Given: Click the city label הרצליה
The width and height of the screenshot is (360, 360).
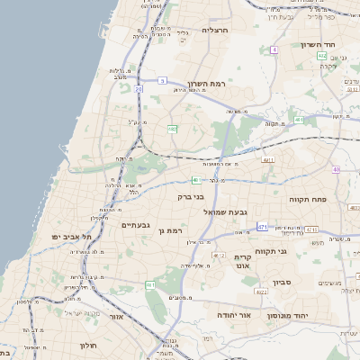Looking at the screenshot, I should (x=216, y=30).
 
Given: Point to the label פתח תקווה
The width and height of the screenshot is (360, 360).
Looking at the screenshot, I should (x=307, y=198).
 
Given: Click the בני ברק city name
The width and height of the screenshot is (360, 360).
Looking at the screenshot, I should (x=188, y=194).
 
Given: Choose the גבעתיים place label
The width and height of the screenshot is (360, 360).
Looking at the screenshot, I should (x=140, y=225).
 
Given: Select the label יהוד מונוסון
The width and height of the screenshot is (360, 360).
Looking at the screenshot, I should (x=288, y=316).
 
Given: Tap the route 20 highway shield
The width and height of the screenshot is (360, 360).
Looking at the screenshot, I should (x=139, y=89).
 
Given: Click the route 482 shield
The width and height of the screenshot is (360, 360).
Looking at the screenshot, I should (x=171, y=129).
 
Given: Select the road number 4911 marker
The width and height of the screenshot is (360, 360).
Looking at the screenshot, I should (x=267, y=159).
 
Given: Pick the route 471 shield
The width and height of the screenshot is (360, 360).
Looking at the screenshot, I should (x=262, y=226).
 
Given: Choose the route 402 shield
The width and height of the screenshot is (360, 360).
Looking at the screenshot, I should (x=322, y=56).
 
